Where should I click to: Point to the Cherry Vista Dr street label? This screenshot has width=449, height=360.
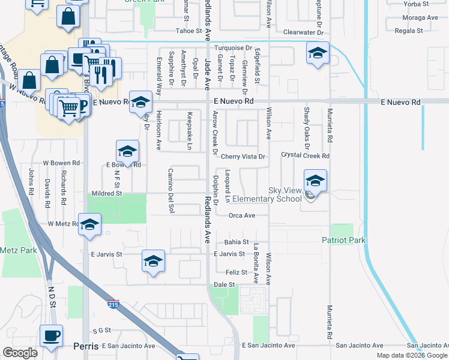(243, 156)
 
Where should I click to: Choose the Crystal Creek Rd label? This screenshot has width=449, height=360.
(306, 156)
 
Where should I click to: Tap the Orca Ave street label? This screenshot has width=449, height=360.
(242, 215)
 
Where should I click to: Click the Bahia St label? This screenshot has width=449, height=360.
(237, 242)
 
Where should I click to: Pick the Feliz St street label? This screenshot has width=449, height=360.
(237, 272)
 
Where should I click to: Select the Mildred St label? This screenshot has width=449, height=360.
(106, 194)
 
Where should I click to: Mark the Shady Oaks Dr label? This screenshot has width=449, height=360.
(306, 128)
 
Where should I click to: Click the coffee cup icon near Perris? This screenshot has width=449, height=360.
(51, 335)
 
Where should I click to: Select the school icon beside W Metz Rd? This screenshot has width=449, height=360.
(89, 224)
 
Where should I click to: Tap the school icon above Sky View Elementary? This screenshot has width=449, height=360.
(315, 179)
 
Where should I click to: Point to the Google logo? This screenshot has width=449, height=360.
(20, 352)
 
